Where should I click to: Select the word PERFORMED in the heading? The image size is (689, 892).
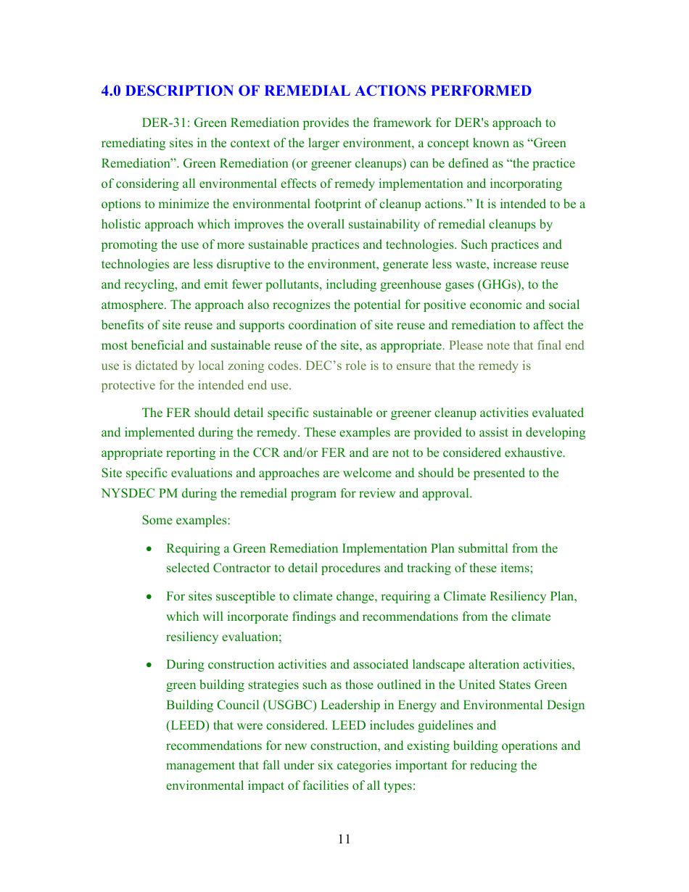click(x=487, y=91)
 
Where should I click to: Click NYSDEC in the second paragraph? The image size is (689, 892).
click(x=124, y=493)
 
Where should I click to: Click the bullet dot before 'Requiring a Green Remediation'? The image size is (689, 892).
click(x=149, y=549)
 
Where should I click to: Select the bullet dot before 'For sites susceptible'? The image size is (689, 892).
click(x=149, y=597)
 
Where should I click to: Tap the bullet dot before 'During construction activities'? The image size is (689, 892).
click(x=149, y=665)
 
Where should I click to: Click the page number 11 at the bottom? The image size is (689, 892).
click(x=344, y=839)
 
